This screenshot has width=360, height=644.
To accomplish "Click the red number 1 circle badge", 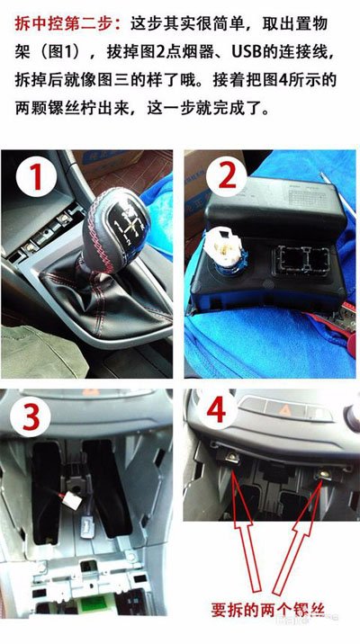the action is [x=36, y=176].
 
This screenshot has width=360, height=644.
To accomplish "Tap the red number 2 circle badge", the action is [x=227, y=176].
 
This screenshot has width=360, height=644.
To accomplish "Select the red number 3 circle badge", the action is [x=31, y=416].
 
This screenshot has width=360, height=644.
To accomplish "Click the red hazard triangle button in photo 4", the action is [x=284, y=409].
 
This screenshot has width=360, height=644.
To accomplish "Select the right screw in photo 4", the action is [x=325, y=474].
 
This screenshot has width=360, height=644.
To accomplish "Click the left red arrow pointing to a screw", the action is [x=245, y=530].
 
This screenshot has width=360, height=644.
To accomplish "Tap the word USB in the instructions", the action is [x=247, y=51].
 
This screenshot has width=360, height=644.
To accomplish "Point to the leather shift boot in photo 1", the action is [x=107, y=295].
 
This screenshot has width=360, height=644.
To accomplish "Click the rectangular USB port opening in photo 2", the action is [x=303, y=260].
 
